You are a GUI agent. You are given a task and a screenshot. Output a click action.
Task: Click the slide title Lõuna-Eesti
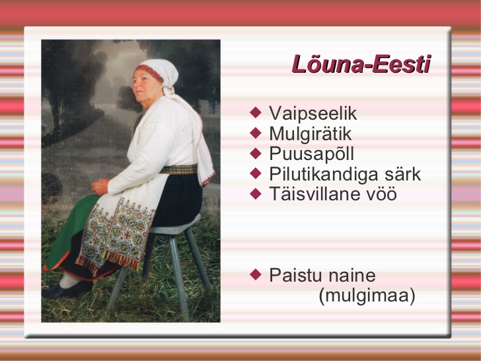click(361, 64)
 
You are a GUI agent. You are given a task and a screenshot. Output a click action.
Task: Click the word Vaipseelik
click(313, 113)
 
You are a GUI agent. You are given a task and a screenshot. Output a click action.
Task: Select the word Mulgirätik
click(310, 134)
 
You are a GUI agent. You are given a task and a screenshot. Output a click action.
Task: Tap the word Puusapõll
click(311, 154)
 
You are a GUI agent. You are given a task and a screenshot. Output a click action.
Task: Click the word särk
click(403, 175)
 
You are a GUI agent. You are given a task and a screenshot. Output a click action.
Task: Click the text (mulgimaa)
click(367, 296)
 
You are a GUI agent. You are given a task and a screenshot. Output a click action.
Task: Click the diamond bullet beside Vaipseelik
click(256, 112)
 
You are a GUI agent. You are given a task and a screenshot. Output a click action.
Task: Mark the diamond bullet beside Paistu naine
click(256, 274)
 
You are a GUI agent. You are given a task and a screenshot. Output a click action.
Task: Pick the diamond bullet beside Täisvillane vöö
click(256, 194)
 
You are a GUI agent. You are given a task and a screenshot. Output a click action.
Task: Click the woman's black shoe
click(67, 290)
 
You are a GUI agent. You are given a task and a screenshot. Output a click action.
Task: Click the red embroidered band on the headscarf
click(150, 73)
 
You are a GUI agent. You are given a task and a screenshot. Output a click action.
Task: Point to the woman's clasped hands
click(100, 187)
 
